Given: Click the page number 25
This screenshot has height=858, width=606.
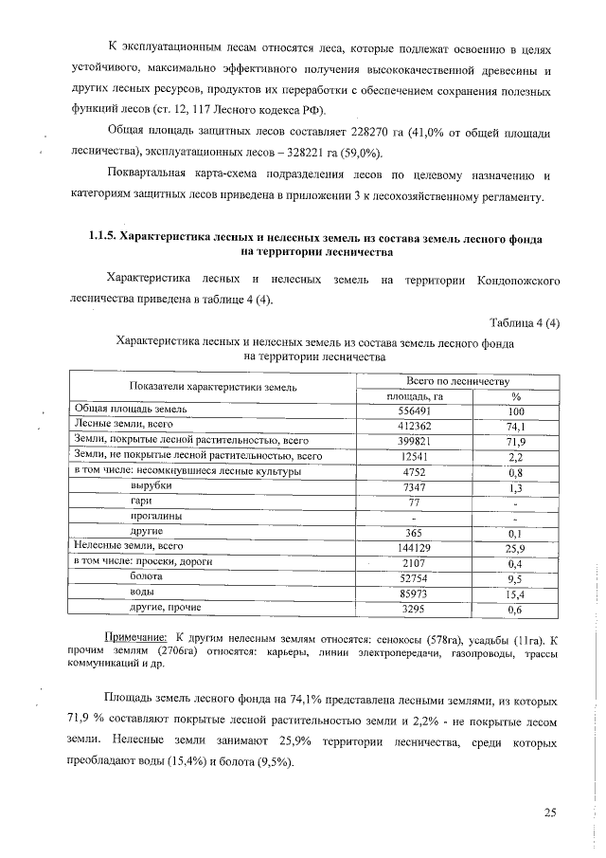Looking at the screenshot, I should coord(551,811).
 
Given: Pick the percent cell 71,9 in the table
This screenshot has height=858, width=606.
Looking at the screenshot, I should coord(516,442).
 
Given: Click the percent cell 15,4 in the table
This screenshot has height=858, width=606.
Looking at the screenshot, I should coord(516,593).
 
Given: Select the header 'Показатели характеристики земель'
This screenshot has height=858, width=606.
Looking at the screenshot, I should coord(214,387).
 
